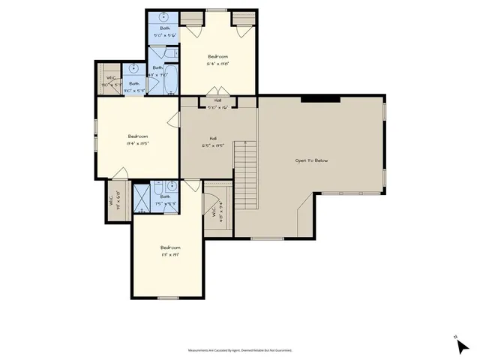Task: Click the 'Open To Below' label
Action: [x=310, y=160]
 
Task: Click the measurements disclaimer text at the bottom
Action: [x=239, y=350]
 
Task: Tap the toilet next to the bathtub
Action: [x=172, y=54]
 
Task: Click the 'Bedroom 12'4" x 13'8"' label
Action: [x=217, y=60]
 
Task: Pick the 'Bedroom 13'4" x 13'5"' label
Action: [x=136, y=139]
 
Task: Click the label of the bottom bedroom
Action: [x=169, y=250]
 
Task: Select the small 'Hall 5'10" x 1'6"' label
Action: [x=217, y=103]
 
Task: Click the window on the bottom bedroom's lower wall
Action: [x=168, y=298]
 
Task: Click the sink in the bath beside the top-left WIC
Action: [x=133, y=67]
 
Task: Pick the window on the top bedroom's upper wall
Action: [x=217, y=10]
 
